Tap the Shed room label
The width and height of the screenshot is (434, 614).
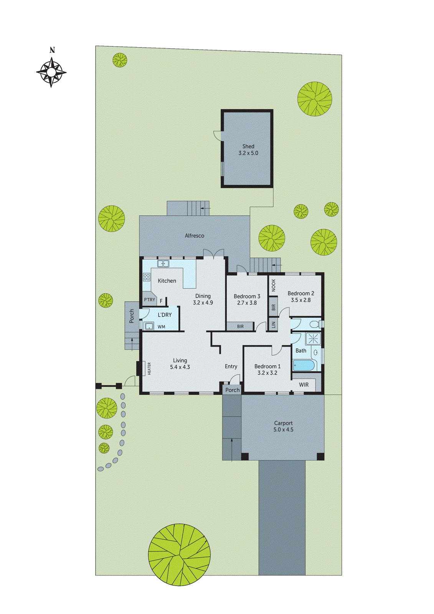click(x=248, y=146)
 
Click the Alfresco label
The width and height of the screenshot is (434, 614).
click(x=195, y=236)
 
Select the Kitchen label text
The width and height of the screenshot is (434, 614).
click(x=167, y=281)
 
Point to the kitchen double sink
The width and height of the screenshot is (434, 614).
click(x=163, y=264)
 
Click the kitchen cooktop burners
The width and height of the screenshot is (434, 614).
click(x=147, y=277)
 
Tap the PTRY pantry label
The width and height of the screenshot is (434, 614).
click(x=150, y=300)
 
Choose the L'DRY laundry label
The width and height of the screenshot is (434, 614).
click(x=165, y=315)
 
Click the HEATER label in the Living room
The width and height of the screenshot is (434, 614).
click(x=149, y=368)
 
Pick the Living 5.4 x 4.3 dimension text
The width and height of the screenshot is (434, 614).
click(x=180, y=367)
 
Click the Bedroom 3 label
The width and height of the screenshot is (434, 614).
click(x=247, y=296)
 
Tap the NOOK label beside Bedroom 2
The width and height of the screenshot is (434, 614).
click(x=274, y=285)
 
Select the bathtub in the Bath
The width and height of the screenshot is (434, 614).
click(x=304, y=365)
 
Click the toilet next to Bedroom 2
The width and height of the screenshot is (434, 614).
click(x=315, y=324)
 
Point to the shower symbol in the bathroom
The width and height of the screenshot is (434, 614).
click(x=314, y=339)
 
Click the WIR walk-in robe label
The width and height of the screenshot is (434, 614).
click(x=304, y=385)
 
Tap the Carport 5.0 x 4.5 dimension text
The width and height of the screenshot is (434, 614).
click(x=283, y=430)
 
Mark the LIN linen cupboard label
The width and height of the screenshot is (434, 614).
click(x=274, y=325)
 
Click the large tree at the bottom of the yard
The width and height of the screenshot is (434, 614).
click(x=179, y=555)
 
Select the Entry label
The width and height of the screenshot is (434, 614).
click(x=231, y=366)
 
